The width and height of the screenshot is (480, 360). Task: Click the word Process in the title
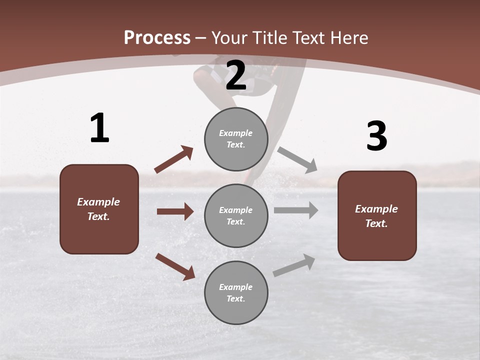(157, 38)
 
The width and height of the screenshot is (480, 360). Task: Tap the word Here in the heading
(346, 38)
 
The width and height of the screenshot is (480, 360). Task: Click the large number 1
(99, 128)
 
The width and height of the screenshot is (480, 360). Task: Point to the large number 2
(236, 75)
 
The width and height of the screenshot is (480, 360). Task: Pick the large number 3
(376, 136)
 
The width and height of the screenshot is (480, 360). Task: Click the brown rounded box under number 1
(99, 209)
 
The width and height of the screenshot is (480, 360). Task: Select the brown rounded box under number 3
(377, 215)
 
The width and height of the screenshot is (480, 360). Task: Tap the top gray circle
(236, 139)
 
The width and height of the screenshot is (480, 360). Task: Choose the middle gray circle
(236, 215)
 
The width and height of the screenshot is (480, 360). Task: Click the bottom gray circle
(236, 292)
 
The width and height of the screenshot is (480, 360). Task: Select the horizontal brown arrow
(175, 211)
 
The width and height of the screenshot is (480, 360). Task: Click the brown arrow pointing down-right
(175, 266)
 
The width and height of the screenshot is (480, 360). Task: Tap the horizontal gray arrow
(296, 210)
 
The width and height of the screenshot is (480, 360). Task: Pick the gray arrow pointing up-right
(294, 265)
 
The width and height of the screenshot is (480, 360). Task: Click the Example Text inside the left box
(98, 209)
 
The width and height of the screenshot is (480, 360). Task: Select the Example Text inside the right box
(376, 216)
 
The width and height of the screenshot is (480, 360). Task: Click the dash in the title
(201, 38)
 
